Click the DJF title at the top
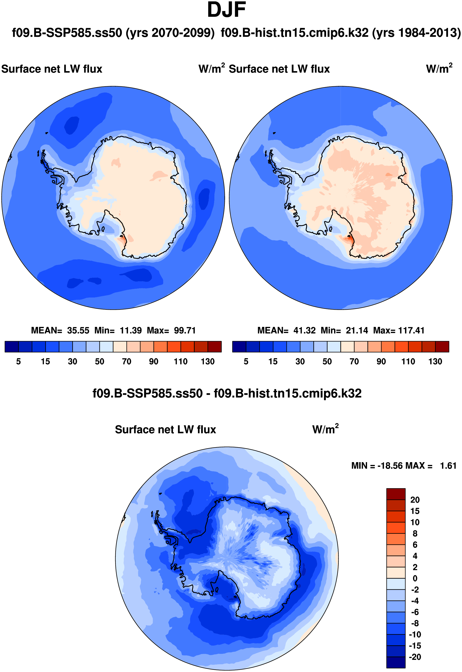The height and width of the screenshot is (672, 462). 227,10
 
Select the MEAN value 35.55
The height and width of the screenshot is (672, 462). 78,330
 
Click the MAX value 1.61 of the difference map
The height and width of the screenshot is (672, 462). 448,466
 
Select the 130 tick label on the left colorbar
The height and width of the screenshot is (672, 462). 208,361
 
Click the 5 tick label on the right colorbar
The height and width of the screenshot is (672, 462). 246,361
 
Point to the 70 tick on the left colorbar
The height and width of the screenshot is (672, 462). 126,361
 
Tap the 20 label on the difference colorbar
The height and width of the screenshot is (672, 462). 415,500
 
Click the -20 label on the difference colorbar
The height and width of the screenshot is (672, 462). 415,657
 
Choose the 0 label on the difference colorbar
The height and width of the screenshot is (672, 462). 415,578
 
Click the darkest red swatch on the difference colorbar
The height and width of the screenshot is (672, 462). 396,494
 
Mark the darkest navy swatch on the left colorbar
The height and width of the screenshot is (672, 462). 11,346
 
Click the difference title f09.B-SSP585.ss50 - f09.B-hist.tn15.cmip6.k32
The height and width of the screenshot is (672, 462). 227,394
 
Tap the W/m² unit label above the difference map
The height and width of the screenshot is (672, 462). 325,429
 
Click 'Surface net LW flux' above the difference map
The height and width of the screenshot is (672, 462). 165,430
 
